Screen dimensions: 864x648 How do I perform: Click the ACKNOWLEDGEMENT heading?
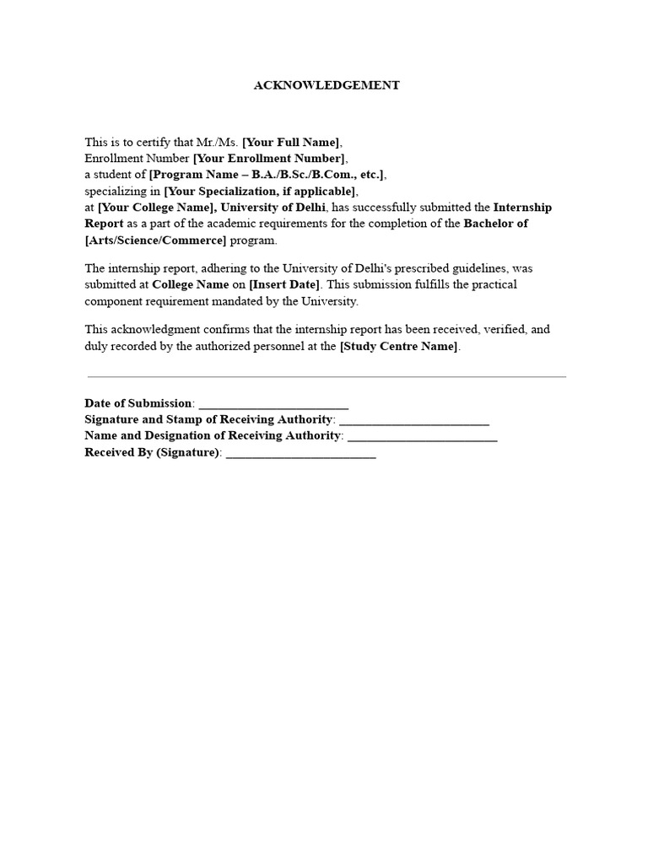coord(327,85)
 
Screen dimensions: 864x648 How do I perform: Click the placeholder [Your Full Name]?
coord(292,142)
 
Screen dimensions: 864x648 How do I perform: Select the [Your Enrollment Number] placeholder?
coord(269,159)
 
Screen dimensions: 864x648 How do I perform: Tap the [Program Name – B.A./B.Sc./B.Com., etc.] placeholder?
coord(267,175)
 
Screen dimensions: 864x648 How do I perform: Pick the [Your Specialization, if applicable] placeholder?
coord(261,192)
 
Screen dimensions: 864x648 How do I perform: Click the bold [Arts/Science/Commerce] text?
coord(156,240)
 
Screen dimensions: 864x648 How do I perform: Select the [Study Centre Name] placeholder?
coord(400,346)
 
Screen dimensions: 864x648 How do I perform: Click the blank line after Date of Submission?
coord(273,404)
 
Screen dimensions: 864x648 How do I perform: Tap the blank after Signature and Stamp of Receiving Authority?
coord(413,420)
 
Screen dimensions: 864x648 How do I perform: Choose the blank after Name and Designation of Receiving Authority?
coord(422,437)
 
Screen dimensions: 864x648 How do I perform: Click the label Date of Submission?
coord(138,404)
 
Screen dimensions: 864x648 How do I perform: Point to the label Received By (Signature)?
coord(152,453)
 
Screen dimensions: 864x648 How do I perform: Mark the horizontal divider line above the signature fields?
coord(327,377)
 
